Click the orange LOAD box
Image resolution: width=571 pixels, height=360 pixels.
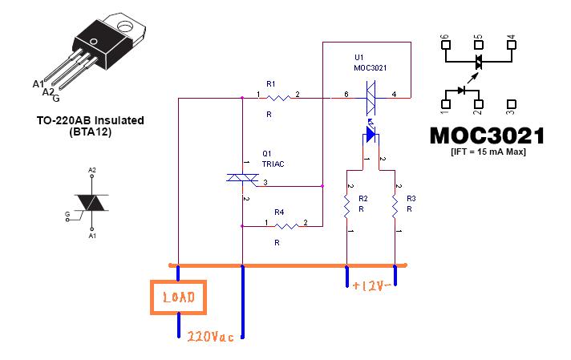click(x=179, y=297)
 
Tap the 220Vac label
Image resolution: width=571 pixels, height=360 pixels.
click(x=210, y=337)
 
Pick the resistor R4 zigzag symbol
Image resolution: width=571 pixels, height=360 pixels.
click(x=279, y=225)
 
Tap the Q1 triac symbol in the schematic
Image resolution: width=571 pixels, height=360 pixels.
click(x=241, y=179)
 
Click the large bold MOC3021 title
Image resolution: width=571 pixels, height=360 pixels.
click(x=487, y=135)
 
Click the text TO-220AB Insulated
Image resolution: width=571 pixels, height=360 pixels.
click(x=90, y=120)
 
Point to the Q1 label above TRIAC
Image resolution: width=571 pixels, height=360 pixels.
click(x=267, y=153)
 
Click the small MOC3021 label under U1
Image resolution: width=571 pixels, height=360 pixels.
click(x=371, y=68)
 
